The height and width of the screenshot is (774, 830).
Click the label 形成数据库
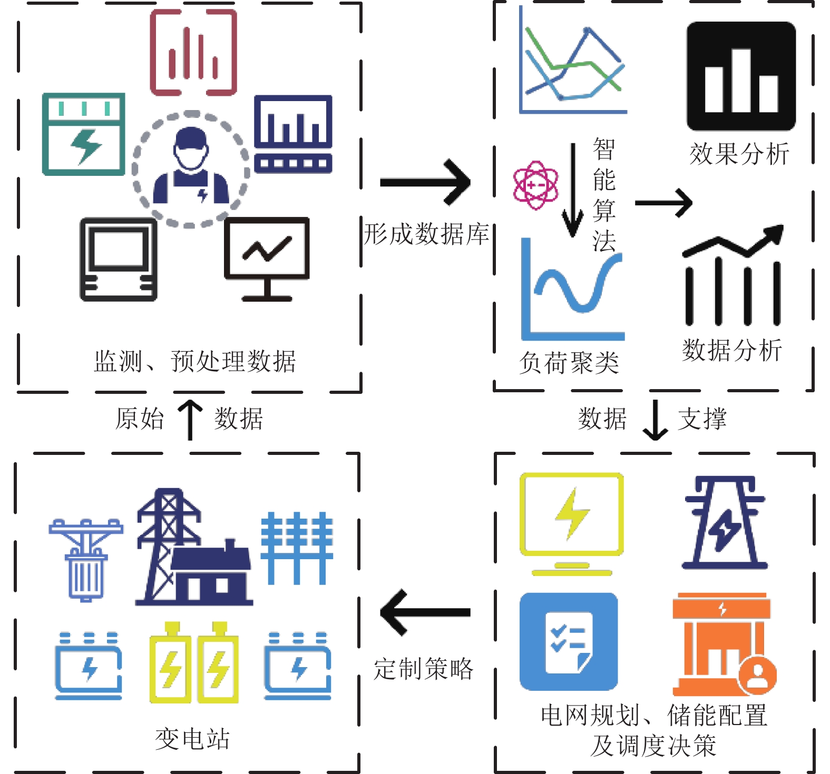[x=426, y=234]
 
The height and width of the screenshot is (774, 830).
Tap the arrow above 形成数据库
[x=425, y=182]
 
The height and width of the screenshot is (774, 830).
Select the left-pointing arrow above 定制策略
[x=425, y=612]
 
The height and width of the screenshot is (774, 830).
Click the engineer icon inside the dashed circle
[x=191, y=167]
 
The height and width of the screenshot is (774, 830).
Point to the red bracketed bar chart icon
[x=193, y=53]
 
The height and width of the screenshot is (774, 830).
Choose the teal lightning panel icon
[x=84, y=134]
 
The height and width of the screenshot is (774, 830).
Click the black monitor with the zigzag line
[x=267, y=259]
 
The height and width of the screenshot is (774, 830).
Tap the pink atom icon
[x=535, y=185]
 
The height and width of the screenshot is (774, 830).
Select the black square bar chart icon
[x=740, y=76]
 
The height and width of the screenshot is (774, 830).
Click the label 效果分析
[x=739, y=154]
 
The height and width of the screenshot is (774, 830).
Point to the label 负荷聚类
[x=569, y=363]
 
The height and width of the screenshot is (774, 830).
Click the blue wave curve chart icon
[x=572, y=290]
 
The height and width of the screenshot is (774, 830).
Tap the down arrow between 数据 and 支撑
[x=655, y=420]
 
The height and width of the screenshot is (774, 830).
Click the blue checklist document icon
[x=569, y=641]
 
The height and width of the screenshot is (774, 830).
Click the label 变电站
[x=192, y=739]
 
